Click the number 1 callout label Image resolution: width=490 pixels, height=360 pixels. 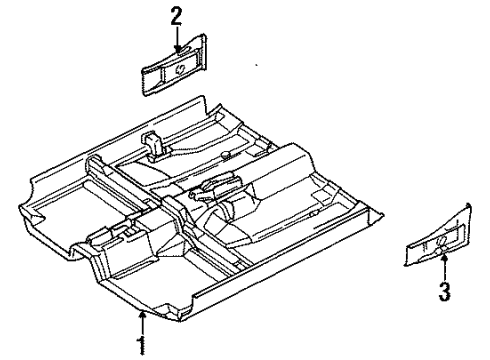tap(141, 348)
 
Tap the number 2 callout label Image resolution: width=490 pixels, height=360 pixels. tap(176, 15)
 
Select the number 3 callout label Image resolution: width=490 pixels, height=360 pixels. tap(445, 292)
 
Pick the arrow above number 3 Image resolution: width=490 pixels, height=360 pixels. tap(444, 266)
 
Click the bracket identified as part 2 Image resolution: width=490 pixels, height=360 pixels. tap(179, 67)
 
